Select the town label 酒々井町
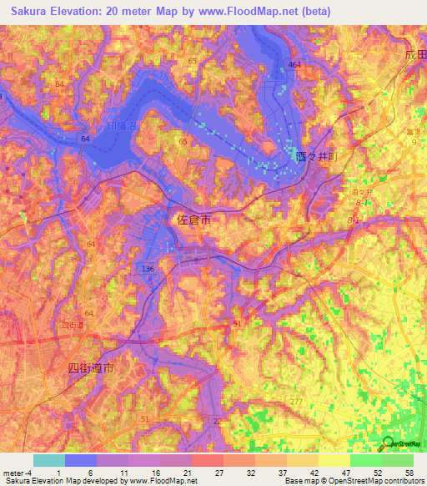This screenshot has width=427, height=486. (x=314, y=155)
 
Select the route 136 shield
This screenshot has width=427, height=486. (x=148, y=269)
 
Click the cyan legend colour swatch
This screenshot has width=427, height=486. (x=48, y=460)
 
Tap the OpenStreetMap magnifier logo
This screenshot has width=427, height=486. (x=387, y=443)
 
